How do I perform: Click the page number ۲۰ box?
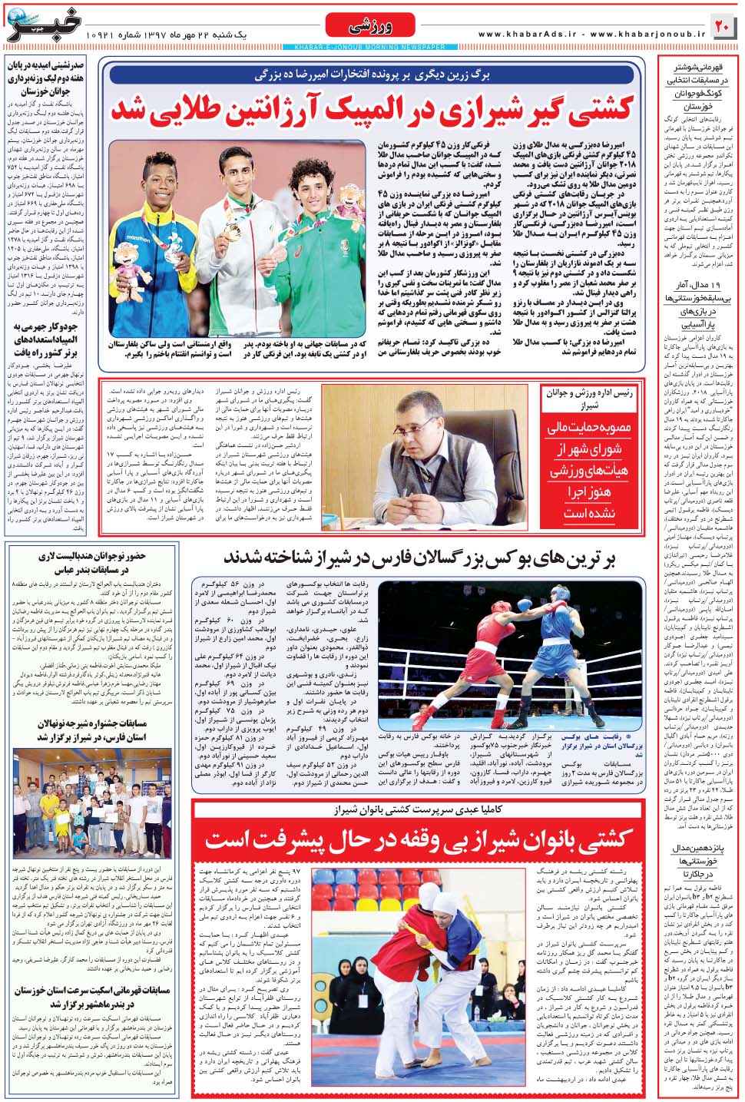[723, 27]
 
